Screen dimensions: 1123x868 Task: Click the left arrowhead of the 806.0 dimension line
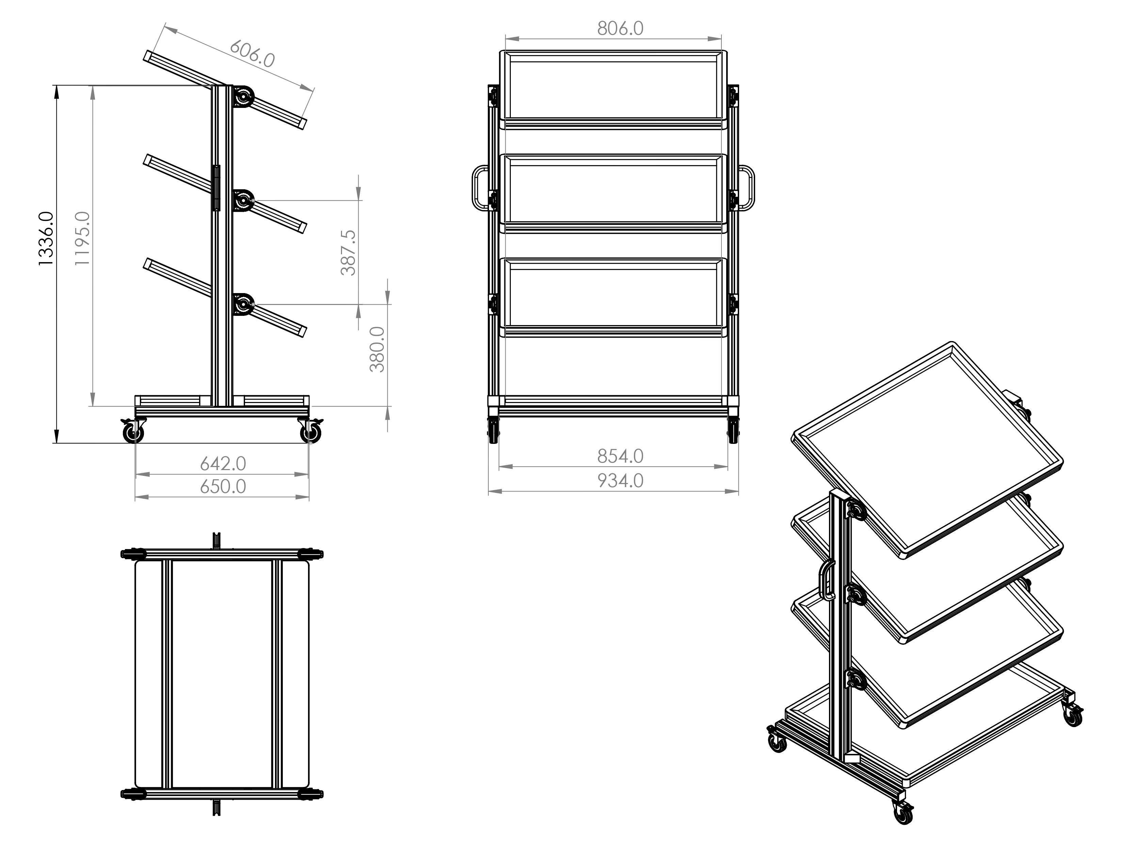click(511, 38)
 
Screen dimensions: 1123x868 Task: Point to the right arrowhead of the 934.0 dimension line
click(732, 492)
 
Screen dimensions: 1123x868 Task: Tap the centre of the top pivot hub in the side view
click(243, 96)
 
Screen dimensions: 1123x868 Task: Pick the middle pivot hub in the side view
click(243, 200)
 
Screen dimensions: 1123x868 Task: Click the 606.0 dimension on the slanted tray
click(252, 53)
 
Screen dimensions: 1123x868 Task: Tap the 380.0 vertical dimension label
click(377, 349)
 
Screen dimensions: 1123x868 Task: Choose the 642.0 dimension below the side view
click(223, 464)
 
